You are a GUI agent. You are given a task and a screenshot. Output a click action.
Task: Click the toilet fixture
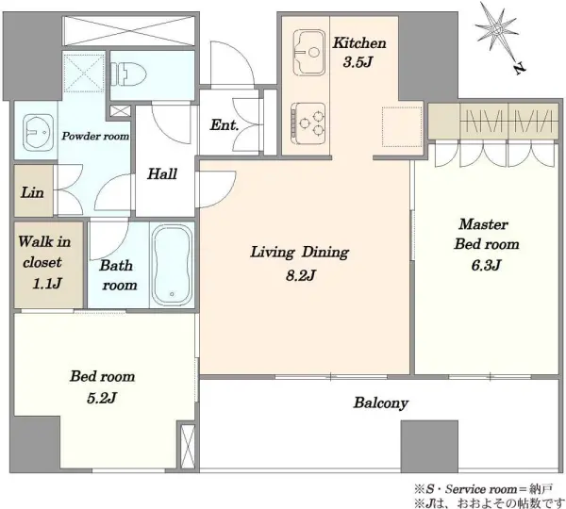click(x=128, y=74)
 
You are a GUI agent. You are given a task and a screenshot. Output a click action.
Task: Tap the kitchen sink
click(x=308, y=53)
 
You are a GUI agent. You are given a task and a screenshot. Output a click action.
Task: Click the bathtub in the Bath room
click(x=172, y=265)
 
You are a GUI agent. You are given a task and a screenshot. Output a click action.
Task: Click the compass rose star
click(x=497, y=29)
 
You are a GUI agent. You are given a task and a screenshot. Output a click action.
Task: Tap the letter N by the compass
click(x=520, y=68)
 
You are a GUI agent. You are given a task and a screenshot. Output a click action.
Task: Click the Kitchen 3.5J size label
click(x=358, y=62)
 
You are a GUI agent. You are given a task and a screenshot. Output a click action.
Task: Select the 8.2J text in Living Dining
click(x=301, y=275)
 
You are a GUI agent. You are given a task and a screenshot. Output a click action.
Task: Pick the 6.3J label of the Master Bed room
click(x=486, y=265)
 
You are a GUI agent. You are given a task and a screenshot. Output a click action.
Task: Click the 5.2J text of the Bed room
click(x=102, y=398)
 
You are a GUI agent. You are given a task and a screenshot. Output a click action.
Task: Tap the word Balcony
click(x=381, y=402)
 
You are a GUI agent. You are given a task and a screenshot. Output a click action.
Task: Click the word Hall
click(x=162, y=173)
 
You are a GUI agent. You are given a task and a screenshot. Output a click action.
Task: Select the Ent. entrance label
click(x=225, y=125)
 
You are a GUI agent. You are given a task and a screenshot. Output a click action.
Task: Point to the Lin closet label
click(x=32, y=192)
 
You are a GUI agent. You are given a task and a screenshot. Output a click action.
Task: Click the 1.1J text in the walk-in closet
click(x=47, y=284)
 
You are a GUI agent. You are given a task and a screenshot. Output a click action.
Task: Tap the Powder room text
click(x=95, y=136)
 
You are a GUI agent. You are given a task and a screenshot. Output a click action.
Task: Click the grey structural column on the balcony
click(x=429, y=447)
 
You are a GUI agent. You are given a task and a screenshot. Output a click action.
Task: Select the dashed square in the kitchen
click(x=402, y=126)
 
